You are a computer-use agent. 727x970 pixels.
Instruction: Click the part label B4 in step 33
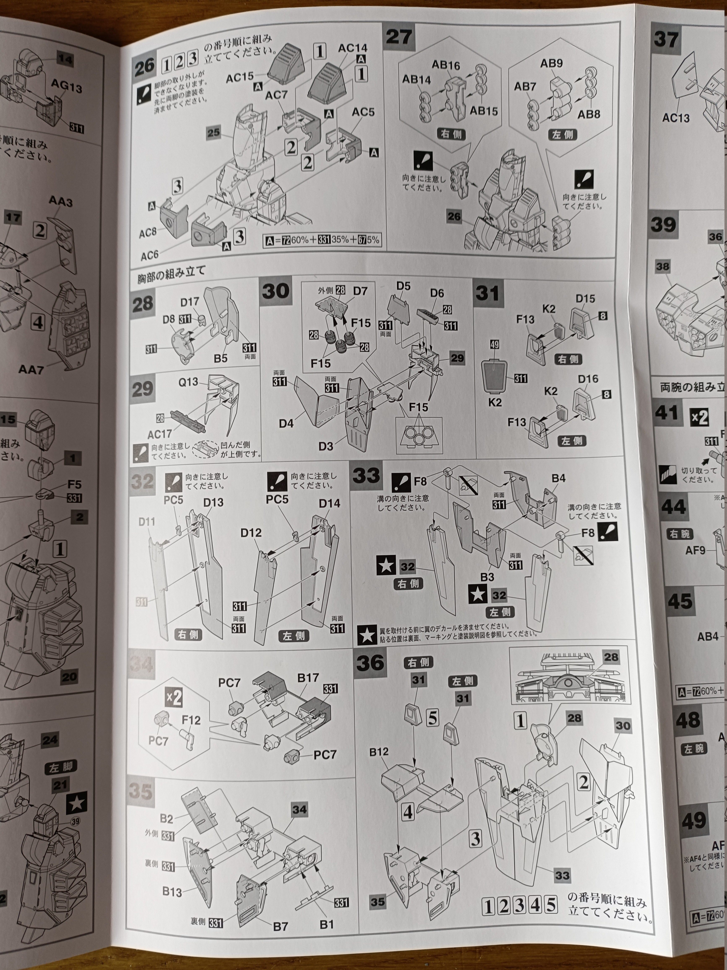[558, 478]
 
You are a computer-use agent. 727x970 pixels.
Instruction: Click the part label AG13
[66, 88]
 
